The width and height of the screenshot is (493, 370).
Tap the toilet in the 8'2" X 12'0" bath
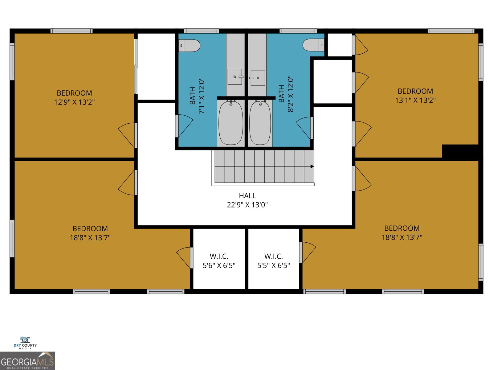coord(313,45)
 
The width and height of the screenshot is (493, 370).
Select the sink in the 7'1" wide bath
coord(235,77)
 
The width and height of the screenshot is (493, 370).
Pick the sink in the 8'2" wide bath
coord(258,78)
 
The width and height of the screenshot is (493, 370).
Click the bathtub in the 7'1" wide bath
coord(231,123)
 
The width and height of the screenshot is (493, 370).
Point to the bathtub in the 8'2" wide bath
coord(260,123)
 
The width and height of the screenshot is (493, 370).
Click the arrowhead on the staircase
coord(312,166)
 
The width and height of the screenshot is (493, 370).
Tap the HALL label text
coord(247,196)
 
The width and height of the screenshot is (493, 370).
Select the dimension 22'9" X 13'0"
coord(247,205)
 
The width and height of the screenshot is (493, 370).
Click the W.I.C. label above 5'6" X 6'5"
coord(219,257)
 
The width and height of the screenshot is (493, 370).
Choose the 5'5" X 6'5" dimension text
coord(274,265)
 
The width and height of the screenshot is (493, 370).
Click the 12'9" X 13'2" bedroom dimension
coord(74,102)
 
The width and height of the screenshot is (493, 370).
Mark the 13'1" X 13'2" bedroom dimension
coord(415,100)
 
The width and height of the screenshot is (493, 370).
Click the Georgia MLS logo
coord(27,361)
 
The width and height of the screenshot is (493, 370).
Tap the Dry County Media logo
coord(25,343)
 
